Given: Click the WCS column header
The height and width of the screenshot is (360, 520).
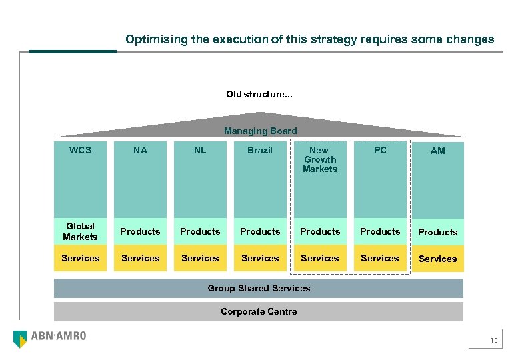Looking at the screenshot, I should point(80,150).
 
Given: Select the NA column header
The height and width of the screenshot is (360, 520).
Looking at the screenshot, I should point(140,150).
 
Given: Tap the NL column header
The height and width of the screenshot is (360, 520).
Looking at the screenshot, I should point(200,150).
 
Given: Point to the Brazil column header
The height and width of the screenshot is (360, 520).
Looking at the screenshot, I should point(260,150).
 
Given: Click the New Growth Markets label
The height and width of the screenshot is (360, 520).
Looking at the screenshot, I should point(320,159).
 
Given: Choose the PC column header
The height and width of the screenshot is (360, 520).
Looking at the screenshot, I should point(380,150).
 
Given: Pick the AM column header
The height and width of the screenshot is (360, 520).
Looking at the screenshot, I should point(437,151).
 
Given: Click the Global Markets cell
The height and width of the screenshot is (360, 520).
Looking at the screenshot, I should point(80,231).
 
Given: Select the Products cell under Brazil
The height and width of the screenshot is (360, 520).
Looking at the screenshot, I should point(260,231).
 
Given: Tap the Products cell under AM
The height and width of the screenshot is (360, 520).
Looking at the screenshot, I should point(437,232).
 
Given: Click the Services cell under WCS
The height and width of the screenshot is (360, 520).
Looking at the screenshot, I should point(80,258).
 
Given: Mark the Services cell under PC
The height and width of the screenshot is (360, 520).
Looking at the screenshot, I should point(380,258).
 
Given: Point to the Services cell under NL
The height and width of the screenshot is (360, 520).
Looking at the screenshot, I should point(200,258).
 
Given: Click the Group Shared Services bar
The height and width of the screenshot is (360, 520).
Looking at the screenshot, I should point(259,288).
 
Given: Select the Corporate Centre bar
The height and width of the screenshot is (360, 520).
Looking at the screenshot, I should point(259,311).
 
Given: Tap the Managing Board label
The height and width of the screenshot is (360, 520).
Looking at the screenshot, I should point(260,131).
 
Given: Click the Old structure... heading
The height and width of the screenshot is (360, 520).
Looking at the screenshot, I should point(259,94).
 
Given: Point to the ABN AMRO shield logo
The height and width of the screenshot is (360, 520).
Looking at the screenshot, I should point(21,339).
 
